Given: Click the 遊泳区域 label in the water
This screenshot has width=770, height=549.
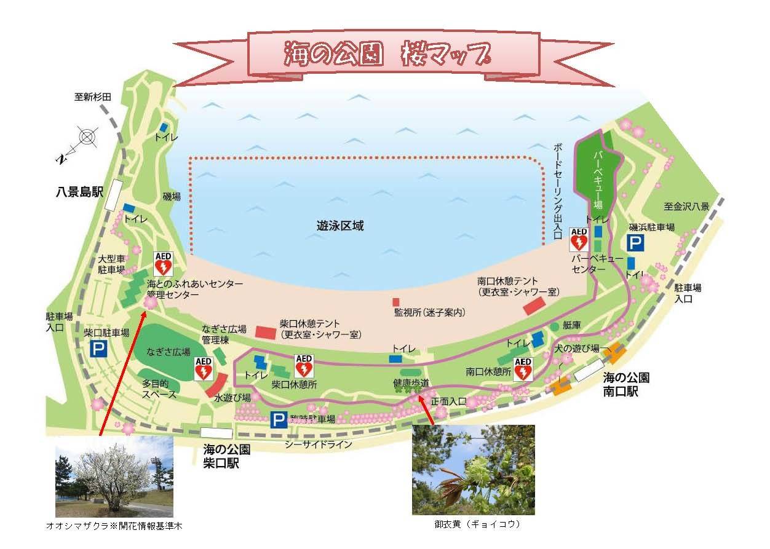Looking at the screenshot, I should [344, 226].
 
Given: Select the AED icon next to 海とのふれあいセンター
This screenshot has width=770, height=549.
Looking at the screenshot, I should [163, 264].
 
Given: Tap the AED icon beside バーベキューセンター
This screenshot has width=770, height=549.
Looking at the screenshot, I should [579, 239].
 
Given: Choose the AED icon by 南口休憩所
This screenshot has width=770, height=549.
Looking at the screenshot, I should [522, 369].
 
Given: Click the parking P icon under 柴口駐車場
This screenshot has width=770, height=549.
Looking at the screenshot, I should [98, 349].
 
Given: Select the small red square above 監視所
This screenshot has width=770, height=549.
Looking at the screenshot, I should [396, 302].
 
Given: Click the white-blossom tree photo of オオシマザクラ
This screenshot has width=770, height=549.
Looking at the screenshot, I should [114, 476].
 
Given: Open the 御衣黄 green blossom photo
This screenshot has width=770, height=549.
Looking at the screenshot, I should [473, 469].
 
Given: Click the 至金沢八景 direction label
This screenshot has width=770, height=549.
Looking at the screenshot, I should [686, 207].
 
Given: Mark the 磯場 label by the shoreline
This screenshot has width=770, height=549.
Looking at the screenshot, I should [172, 197].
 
